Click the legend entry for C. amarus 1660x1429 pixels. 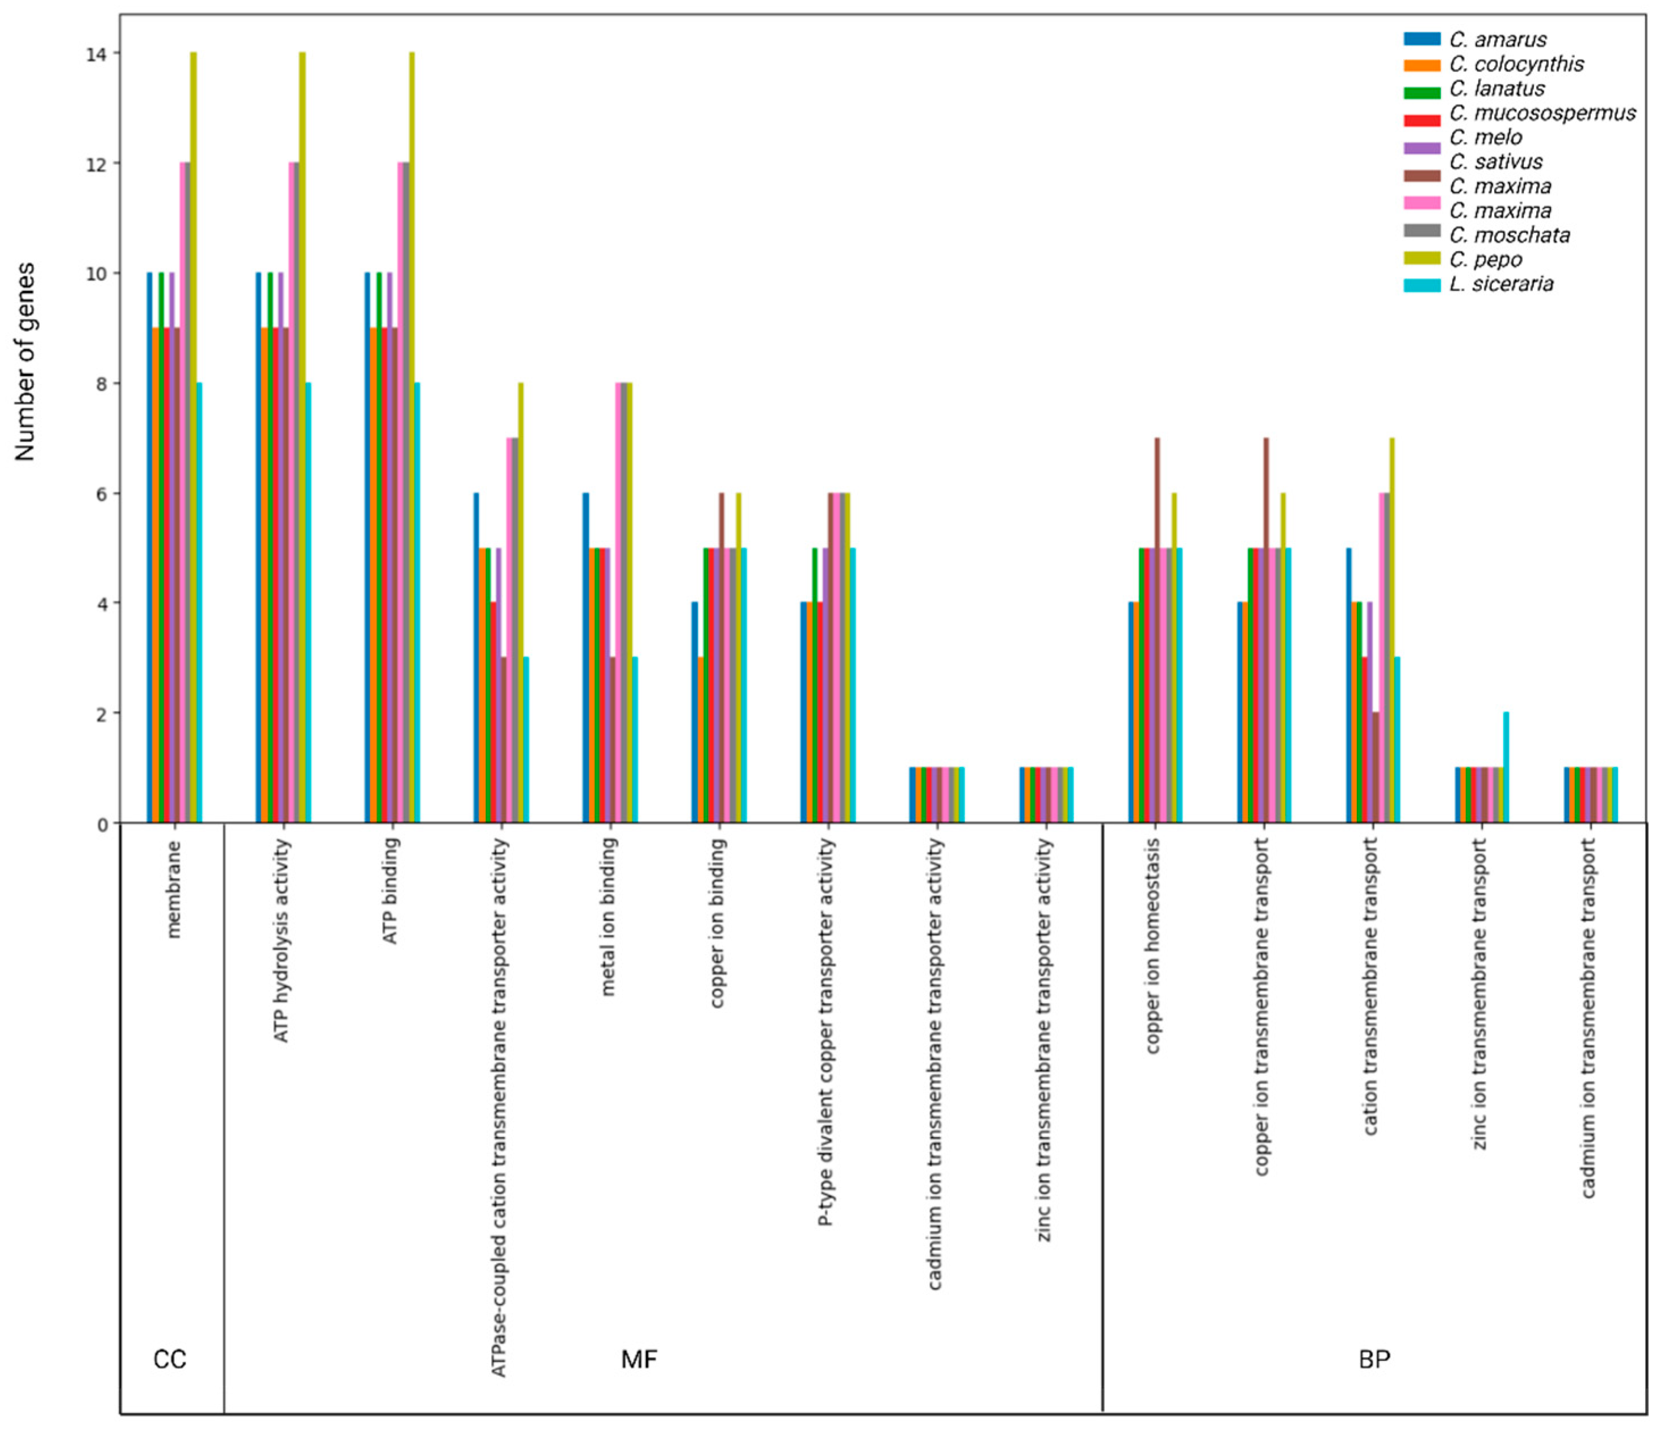click(x=1498, y=39)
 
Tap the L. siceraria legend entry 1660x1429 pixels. click(x=1500, y=284)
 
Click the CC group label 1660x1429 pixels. click(x=170, y=1359)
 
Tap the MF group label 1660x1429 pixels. click(x=639, y=1359)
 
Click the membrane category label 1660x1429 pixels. click(x=175, y=889)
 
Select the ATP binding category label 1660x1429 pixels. click(x=390, y=891)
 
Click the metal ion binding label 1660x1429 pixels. click(x=608, y=916)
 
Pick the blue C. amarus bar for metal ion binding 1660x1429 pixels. click(x=586, y=657)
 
